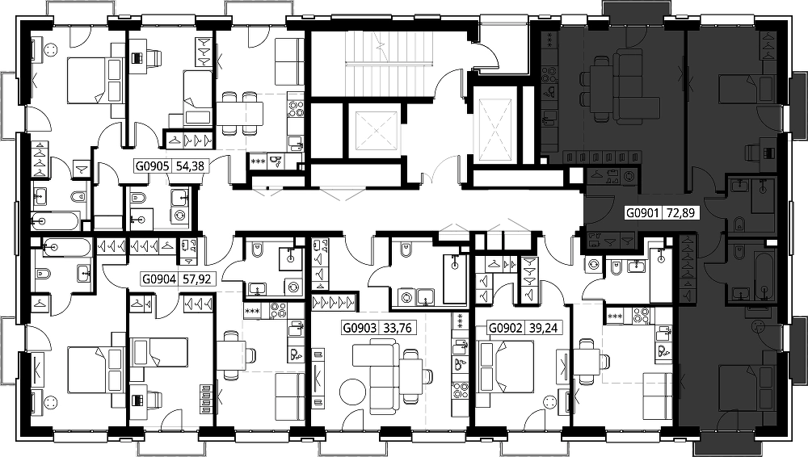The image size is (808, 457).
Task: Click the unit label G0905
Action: click(x=152, y=166)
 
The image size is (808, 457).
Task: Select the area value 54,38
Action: click(x=190, y=166)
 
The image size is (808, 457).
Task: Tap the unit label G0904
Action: click(x=159, y=279)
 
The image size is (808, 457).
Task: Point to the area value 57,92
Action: click(x=197, y=279)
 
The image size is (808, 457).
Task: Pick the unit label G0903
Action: click(x=360, y=328)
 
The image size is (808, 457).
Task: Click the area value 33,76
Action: click(x=398, y=328)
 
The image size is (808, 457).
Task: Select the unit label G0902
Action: click(x=506, y=328)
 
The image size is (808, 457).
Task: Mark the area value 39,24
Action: click(x=543, y=328)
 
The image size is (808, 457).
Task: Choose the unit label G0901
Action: click(x=642, y=212)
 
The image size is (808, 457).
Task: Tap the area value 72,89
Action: click(x=680, y=212)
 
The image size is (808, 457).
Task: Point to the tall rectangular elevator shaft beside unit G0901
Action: click(x=497, y=125)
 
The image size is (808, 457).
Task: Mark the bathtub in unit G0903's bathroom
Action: click(x=454, y=279)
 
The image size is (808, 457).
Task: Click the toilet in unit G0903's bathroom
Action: click(x=406, y=250)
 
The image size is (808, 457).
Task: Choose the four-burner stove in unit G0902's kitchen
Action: click(x=641, y=316)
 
